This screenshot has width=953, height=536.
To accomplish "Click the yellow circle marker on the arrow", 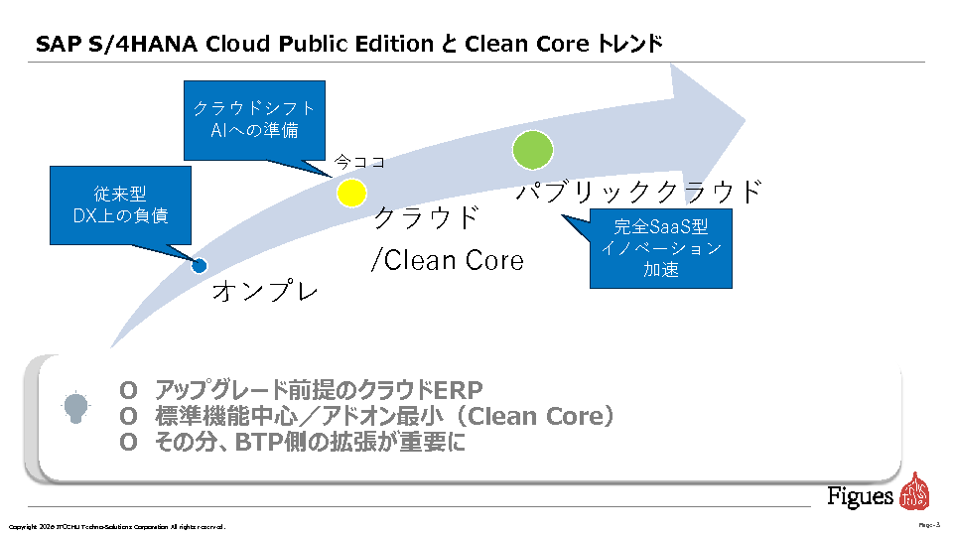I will (351, 193).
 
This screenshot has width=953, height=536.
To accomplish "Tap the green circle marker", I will (532, 149).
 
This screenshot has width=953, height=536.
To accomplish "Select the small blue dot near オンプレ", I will (199, 265).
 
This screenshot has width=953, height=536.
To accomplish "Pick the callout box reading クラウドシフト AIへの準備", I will (254, 119).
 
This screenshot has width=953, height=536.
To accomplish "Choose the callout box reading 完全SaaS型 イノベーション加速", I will (660, 247).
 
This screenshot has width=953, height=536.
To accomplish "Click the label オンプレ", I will (265, 292).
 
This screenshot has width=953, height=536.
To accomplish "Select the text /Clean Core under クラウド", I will (447, 260).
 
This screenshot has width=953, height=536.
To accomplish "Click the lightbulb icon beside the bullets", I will (75, 406).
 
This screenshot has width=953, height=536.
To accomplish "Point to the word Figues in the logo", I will (861, 495).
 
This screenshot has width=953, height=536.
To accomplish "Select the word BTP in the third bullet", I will (261, 443).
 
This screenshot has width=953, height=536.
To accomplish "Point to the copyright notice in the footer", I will (117, 526).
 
